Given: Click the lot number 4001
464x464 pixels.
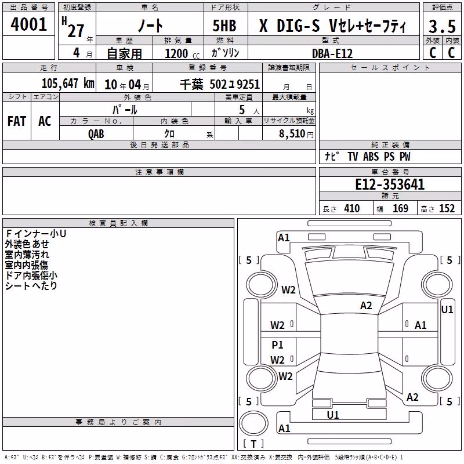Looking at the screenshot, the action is click(28, 24).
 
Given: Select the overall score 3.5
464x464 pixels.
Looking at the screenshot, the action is click(442, 26).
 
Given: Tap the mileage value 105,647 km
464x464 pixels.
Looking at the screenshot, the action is click(68, 84).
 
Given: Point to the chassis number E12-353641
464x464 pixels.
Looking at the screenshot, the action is click(390, 184).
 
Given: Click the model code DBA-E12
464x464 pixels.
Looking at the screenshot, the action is click(332, 53).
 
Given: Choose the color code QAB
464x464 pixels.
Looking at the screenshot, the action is click(96, 134).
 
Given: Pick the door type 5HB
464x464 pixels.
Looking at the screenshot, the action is click(224, 26).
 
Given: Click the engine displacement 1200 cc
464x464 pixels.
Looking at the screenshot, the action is click(182, 53).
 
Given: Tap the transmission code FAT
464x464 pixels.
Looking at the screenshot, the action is click(17, 121).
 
